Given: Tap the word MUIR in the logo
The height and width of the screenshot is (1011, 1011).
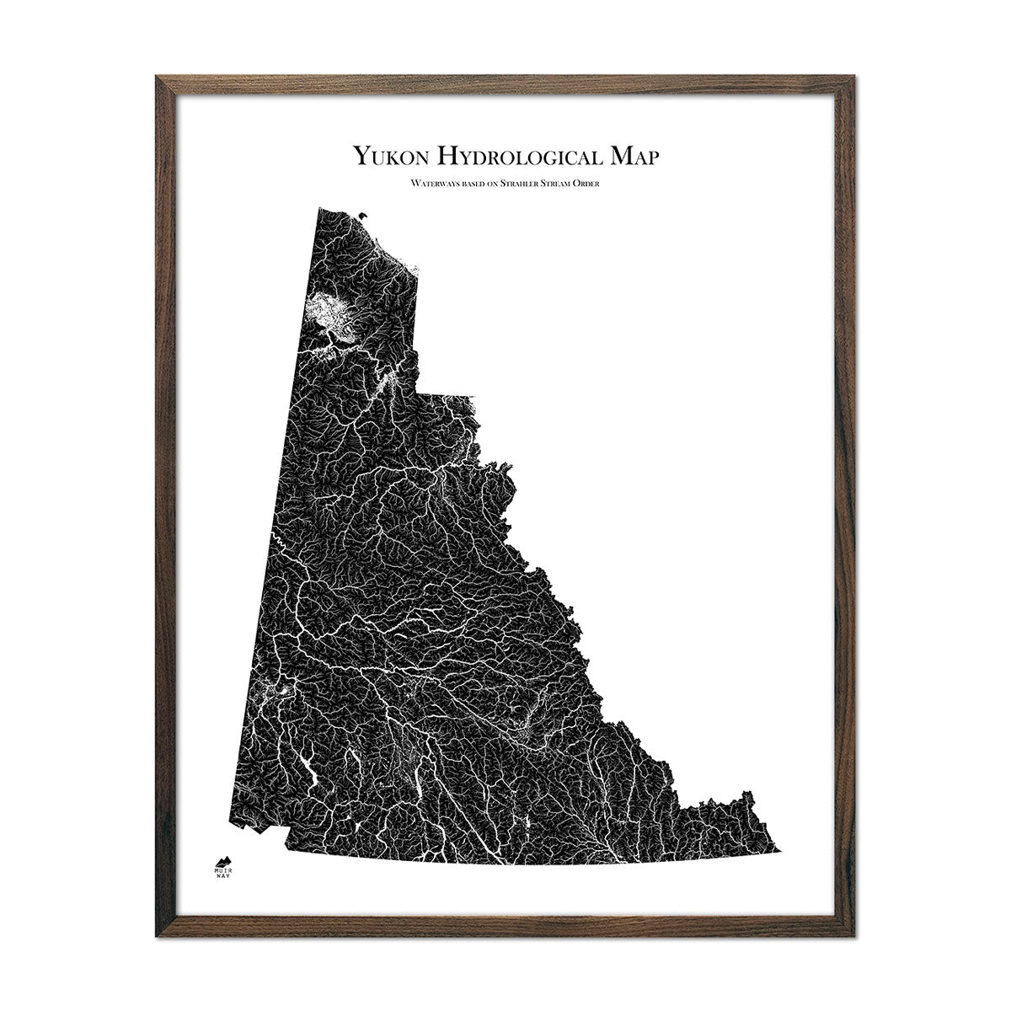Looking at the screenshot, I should click(x=223, y=869).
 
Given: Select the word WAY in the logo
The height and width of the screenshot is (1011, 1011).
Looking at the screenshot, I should click(x=223, y=877).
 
